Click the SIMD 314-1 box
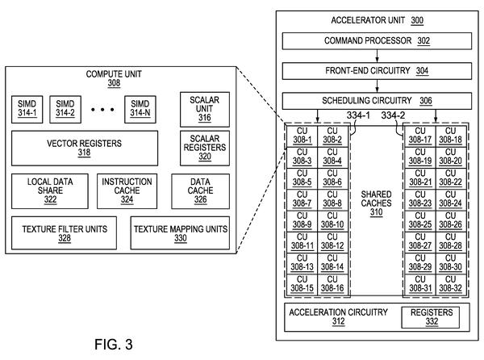[x=27, y=109]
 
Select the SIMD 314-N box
[x=140, y=109]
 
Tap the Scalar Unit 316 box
[x=205, y=109]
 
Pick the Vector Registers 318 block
[x=85, y=149]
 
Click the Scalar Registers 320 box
[x=205, y=149]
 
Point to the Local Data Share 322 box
[x=50, y=191]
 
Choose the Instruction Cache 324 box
[x=127, y=191]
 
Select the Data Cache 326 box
[x=200, y=191]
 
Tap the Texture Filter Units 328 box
[x=64, y=232]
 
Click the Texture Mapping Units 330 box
[x=180, y=232]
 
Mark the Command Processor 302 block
[x=377, y=40]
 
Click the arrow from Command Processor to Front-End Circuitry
[x=377, y=56]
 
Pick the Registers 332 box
[x=430, y=317]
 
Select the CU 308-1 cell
[x=302, y=136]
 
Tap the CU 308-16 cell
[x=332, y=284]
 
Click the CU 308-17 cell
[x=420, y=136]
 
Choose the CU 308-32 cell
[x=451, y=284]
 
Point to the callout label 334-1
[x=358, y=115]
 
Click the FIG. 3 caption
[x=114, y=344]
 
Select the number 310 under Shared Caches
[x=376, y=212]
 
